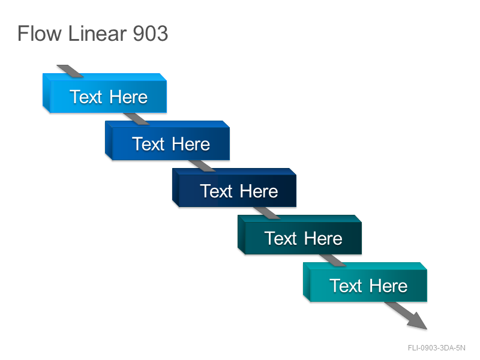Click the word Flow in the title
40,34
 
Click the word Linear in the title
97,34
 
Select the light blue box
104,93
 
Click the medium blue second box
167,140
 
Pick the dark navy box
234,188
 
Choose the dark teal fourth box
299,235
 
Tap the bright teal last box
365,282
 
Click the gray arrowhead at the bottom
418,321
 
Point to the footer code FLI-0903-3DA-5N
437,348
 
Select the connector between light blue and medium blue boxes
136,119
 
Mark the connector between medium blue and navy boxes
202,166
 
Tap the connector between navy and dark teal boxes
267,213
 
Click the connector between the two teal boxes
333,260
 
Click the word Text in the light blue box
86,97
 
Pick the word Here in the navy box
259,191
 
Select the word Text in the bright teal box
346,286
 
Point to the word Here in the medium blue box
191,144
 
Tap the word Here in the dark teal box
323,238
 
